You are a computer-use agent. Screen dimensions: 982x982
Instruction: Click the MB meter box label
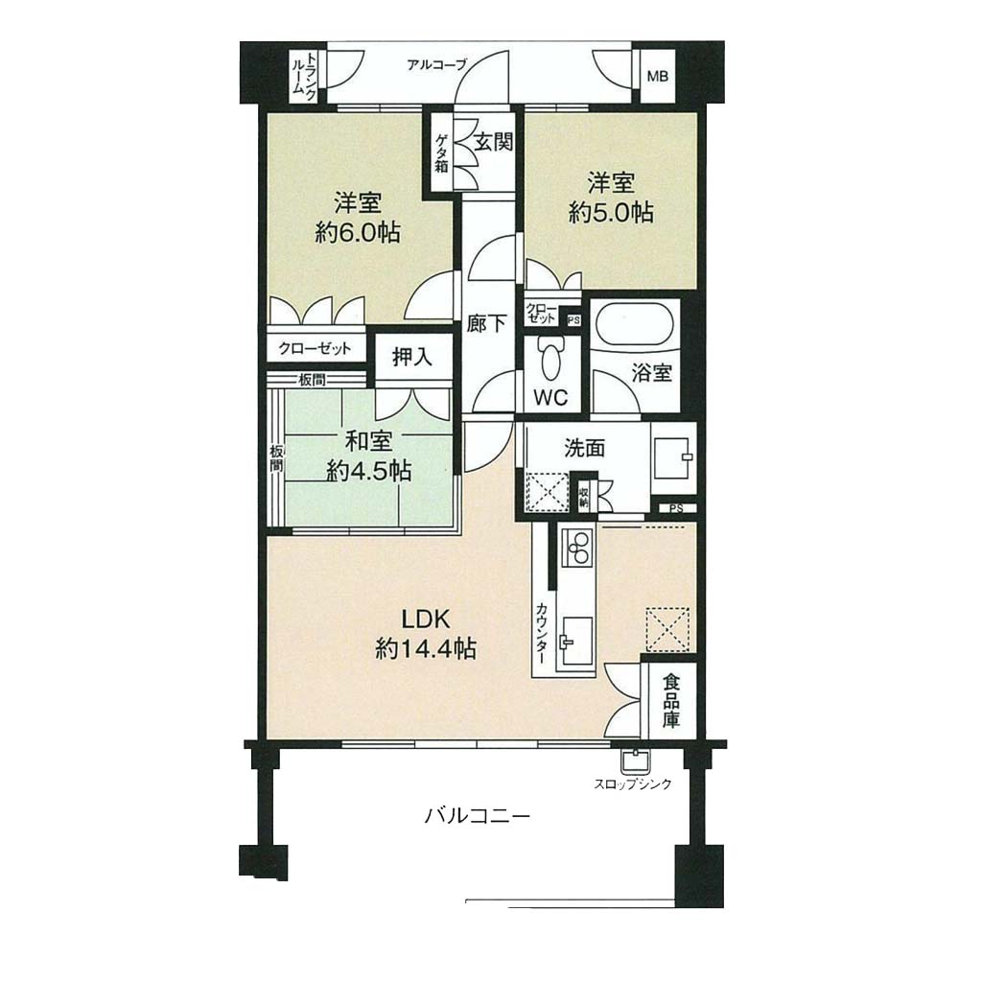(657, 77)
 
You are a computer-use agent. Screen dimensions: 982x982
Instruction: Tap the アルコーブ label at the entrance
(436, 64)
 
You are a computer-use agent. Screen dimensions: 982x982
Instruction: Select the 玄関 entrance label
(494, 142)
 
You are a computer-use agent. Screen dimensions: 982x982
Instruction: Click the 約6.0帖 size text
(358, 234)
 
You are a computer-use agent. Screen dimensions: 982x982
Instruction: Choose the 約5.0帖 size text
(611, 213)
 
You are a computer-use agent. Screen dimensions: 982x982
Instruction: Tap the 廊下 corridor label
(486, 324)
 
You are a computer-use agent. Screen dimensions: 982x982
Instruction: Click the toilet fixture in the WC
(551, 360)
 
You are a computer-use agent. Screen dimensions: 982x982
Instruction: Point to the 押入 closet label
(412, 357)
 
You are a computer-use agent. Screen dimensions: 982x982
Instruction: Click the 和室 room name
(369, 441)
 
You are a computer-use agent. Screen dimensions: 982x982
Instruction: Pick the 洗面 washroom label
(584, 449)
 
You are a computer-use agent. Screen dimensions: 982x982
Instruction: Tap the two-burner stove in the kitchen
(579, 548)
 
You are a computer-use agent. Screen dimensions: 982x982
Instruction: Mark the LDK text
(425, 620)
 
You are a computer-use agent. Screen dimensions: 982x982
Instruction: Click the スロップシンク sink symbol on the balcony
(635, 760)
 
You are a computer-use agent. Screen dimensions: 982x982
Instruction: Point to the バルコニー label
(478, 816)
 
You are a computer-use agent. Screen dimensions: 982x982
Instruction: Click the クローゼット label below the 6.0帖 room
(315, 348)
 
